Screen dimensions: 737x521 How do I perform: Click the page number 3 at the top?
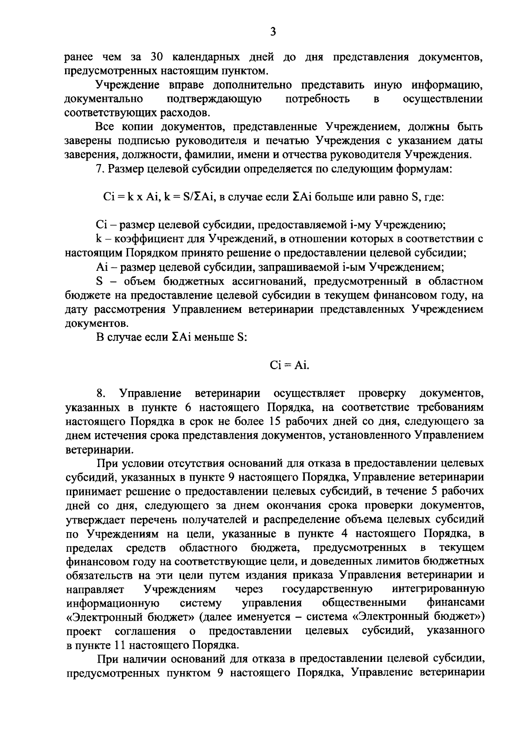click(273, 32)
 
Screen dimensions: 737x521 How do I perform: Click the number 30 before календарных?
click(157, 57)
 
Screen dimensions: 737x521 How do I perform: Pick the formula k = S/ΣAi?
click(188, 197)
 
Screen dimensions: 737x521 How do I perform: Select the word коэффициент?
click(152, 239)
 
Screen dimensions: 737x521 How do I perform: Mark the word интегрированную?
click(438, 589)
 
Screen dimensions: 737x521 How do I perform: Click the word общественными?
click(365, 603)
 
